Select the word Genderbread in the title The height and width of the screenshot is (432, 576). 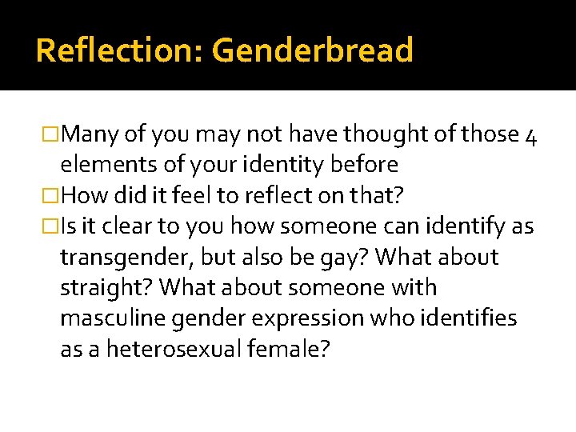pos(313,50)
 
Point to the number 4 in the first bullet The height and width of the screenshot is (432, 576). pos(531,134)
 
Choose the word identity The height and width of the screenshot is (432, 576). pos(282,165)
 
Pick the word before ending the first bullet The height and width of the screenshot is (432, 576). pos(368,165)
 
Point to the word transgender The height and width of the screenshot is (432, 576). pos(124,258)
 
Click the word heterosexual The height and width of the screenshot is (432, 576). pos(172,350)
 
